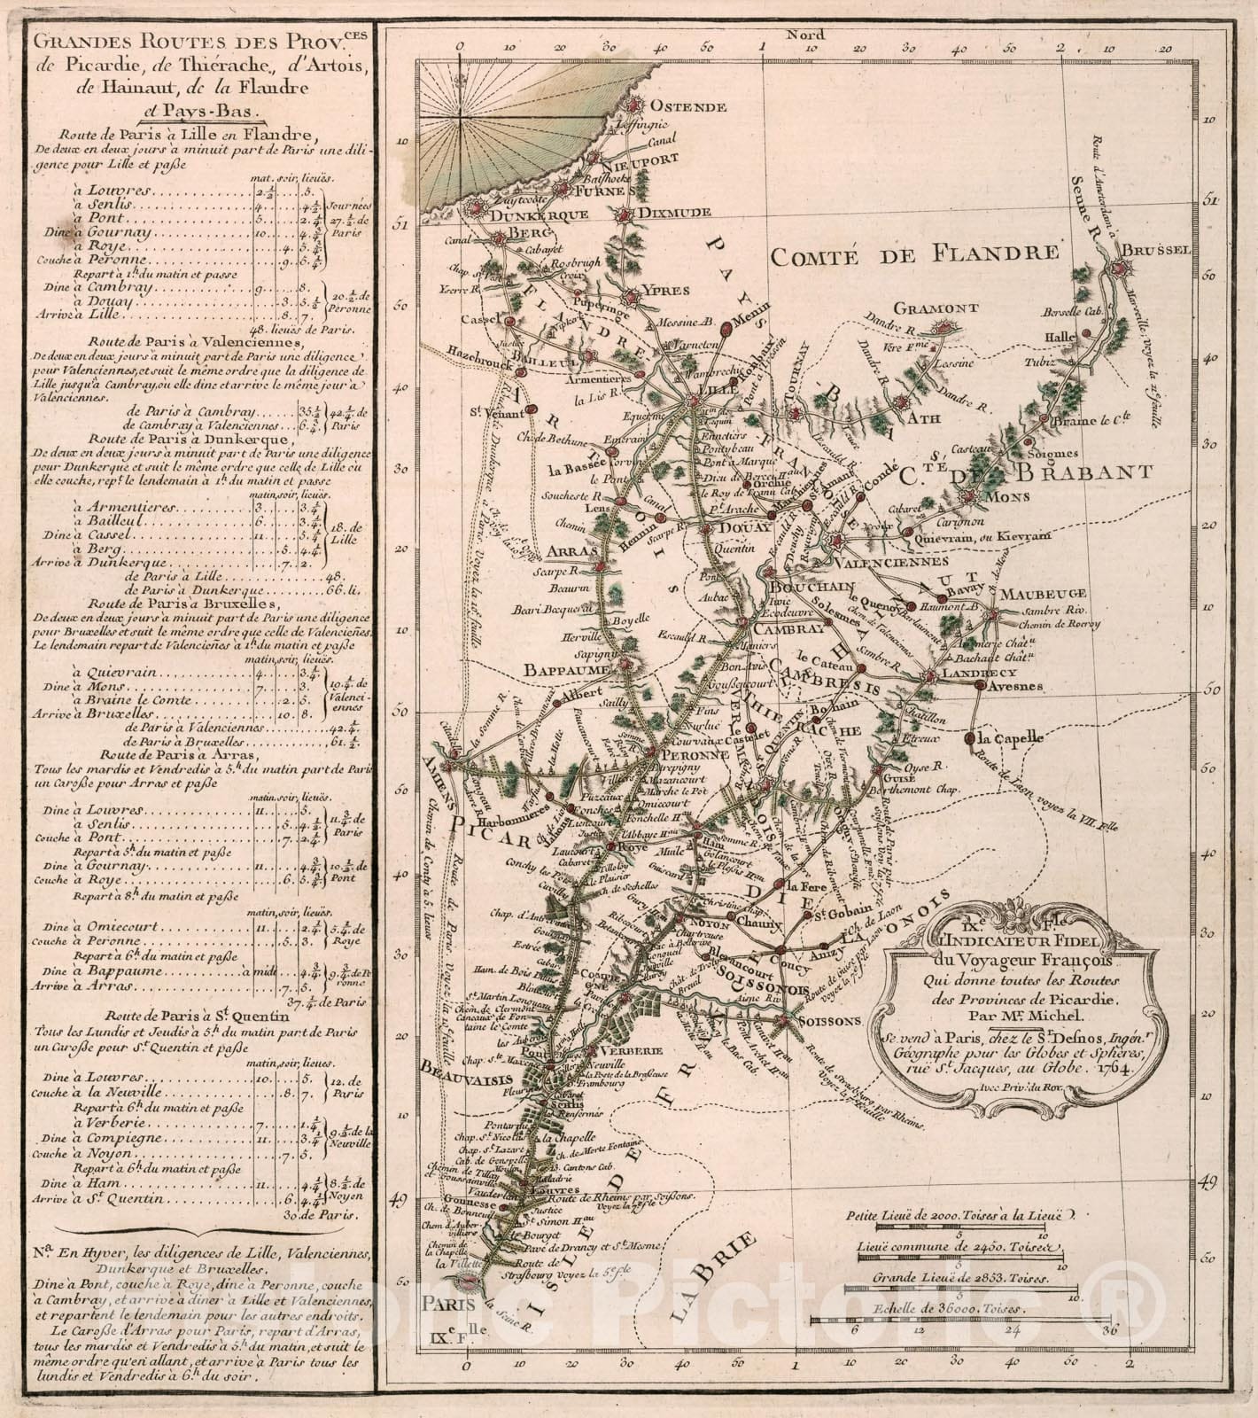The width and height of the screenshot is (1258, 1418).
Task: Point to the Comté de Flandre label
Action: (913, 254)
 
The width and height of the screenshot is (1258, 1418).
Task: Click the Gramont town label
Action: (936, 308)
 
